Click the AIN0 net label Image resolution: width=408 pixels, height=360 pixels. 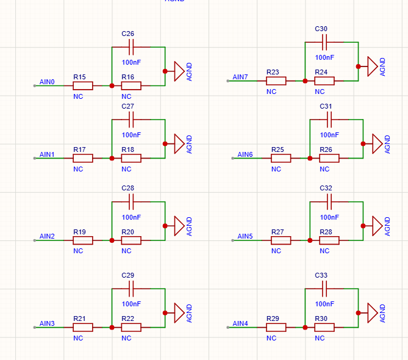(47, 82)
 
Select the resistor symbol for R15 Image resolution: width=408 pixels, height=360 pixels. (83, 85)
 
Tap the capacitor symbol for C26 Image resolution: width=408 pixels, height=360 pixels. (131, 47)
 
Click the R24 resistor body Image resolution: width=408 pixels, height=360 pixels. (324, 81)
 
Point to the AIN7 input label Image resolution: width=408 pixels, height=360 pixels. (240, 77)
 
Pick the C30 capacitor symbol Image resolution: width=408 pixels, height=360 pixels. (324, 42)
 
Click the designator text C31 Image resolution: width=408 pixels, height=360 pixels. (326, 106)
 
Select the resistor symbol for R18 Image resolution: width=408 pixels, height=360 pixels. (131, 158)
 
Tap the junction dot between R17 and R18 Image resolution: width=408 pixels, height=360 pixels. (112, 158)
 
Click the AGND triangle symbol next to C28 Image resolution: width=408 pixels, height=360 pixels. (179, 226)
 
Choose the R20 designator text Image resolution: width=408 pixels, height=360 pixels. (127, 232)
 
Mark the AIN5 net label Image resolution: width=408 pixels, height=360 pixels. (245, 236)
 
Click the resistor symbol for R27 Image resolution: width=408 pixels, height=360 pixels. (281, 240)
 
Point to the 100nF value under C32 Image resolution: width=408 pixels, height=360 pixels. (329, 217)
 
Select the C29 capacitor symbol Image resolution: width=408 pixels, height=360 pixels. (131, 289)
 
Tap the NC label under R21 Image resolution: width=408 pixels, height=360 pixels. (78, 338)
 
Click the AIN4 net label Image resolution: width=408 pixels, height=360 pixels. (240, 323)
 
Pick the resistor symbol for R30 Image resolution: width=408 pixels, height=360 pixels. (324, 327)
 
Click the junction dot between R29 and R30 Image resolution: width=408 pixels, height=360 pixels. (305, 327)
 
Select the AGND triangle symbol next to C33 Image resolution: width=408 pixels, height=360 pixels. (373, 313)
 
